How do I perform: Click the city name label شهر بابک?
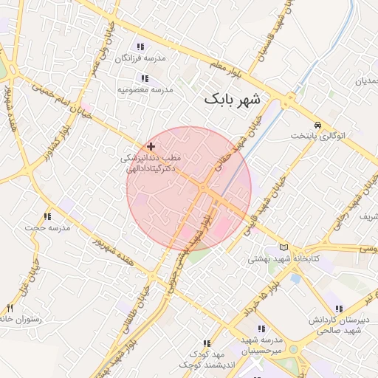(x=232, y=98)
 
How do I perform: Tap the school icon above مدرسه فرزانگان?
(x=140, y=47)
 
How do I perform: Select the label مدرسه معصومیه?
(x=145, y=89)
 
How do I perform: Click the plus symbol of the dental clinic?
(x=151, y=147)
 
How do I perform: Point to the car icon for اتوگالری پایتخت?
(x=317, y=125)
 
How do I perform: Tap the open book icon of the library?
(x=284, y=248)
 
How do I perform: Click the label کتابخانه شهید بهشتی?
(x=277, y=259)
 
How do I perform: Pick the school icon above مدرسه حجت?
(x=47, y=216)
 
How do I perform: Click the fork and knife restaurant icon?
(x=10, y=308)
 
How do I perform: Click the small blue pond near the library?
(x=296, y=279)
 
